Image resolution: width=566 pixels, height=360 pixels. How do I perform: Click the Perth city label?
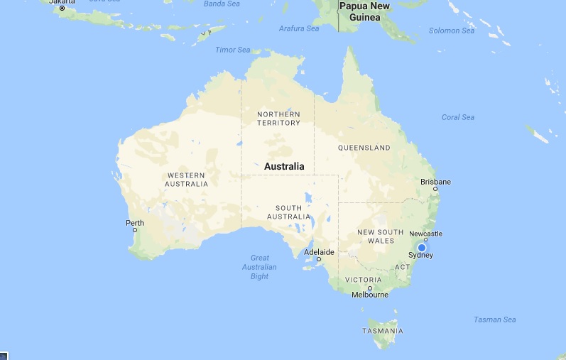[x=135, y=223]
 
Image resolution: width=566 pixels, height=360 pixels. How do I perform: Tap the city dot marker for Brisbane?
[x=435, y=189]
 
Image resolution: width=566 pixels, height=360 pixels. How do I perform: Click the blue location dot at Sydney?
[x=421, y=247]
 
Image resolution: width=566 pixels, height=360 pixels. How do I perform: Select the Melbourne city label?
[x=370, y=295]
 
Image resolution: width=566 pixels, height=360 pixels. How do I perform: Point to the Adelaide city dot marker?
[x=319, y=259]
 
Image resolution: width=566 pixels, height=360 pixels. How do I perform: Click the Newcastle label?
[x=425, y=234]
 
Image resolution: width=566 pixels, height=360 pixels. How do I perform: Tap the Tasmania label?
[x=382, y=331]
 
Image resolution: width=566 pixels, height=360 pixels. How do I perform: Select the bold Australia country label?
[x=284, y=167]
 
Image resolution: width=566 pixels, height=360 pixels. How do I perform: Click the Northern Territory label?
[x=278, y=119]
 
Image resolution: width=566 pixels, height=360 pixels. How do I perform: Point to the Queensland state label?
[x=364, y=148]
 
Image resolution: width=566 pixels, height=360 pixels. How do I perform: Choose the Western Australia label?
[x=186, y=180]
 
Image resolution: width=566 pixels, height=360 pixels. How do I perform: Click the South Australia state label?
[x=288, y=212]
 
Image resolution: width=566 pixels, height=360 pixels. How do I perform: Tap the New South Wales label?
[x=380, y=236]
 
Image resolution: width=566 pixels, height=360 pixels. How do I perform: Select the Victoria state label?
[x=364, y=280]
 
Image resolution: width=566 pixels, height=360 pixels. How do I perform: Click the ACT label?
[x=403, y=267]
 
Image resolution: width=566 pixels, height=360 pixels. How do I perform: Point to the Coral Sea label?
[x=458, y=117]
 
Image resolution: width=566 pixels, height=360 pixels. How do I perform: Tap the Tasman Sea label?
[x=495, y=320]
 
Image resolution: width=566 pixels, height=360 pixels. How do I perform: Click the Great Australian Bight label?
[x=259, y=267]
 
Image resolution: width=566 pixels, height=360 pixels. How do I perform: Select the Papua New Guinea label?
[x=364, y=11]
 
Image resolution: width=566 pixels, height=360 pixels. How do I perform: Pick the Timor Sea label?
[x=233, y=50]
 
